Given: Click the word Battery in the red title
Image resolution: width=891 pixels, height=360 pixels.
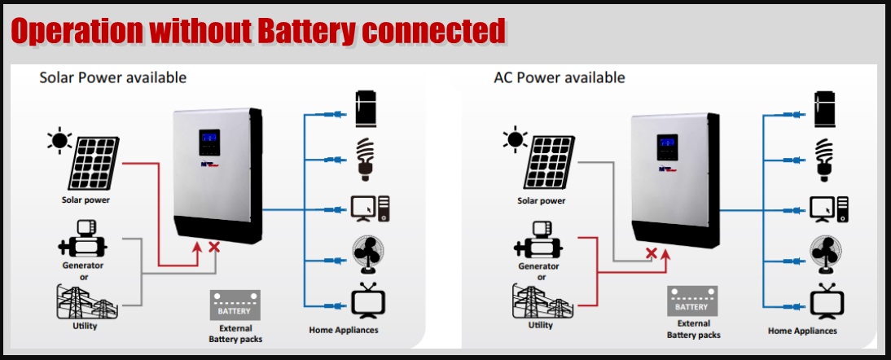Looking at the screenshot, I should coord(306,30).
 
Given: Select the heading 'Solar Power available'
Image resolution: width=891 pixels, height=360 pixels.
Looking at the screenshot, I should coord(113,77).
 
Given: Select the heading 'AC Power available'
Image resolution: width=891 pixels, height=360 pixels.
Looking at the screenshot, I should coord(559,77).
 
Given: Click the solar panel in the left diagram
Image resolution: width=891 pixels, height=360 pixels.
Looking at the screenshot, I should coord(96,160).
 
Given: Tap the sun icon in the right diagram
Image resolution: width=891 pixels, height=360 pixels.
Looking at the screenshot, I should coord(515,139).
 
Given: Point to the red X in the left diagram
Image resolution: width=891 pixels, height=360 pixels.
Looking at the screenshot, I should coord(215,246).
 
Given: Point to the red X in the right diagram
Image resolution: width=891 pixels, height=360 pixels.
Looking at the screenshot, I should coord(651,253).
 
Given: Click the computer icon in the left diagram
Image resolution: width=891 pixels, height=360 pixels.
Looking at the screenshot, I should coord(371,208).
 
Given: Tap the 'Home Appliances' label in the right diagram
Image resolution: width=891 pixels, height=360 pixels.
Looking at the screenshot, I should coord(802,331).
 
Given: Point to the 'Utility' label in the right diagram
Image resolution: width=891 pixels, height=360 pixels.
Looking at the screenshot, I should coord(540,325).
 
